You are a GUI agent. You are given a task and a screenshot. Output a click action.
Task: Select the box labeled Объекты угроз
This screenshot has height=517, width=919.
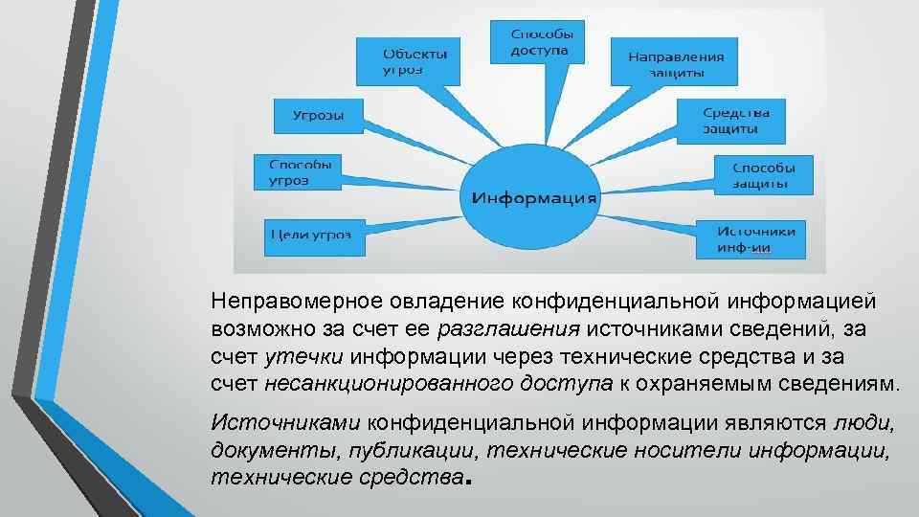[x=407, y=59]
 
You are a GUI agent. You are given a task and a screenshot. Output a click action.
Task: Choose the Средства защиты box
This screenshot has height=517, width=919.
[x=730, y=120]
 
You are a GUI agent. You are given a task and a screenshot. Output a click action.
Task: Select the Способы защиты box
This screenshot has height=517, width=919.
[x=763, y=173]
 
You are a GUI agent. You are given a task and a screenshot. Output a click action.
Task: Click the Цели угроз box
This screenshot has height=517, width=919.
[x=313, y=235]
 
